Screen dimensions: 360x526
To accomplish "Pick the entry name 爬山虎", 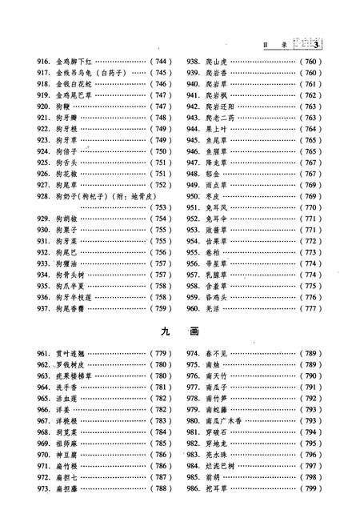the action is point(220,61).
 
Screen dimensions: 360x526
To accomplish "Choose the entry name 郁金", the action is point(216,173).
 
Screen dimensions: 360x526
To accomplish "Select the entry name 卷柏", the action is point(216,252).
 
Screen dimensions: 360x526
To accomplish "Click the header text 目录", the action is point(274,45).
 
